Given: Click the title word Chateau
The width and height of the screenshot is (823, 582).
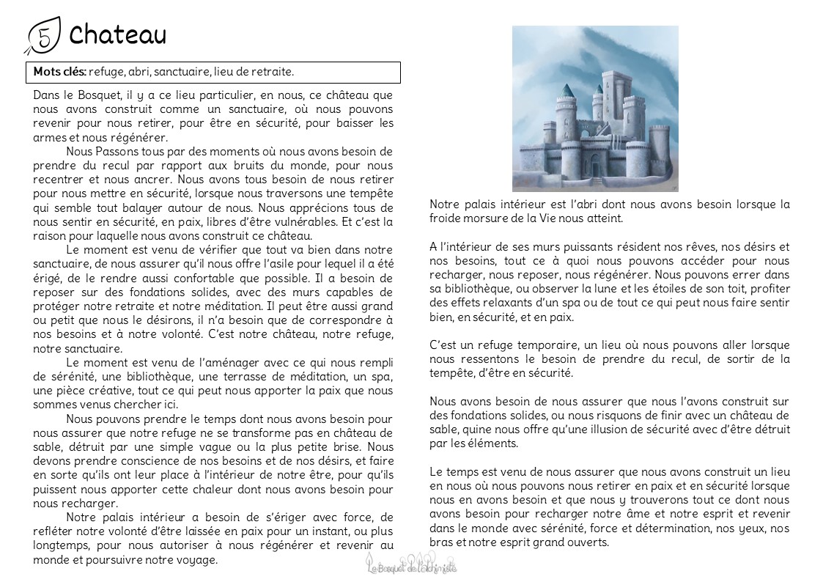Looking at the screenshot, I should [x=117, y=34].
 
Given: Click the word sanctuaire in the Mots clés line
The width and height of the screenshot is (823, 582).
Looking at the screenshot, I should [x=181, y=72].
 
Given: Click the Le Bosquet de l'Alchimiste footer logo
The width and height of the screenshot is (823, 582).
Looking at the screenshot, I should [x=411, y=564].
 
